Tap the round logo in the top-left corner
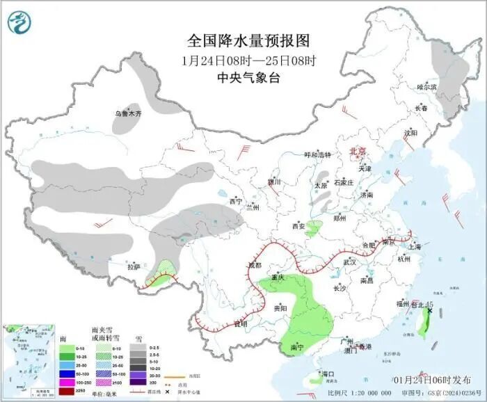point(21,22)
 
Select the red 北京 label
point(356,151)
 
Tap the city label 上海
point(415,246)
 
